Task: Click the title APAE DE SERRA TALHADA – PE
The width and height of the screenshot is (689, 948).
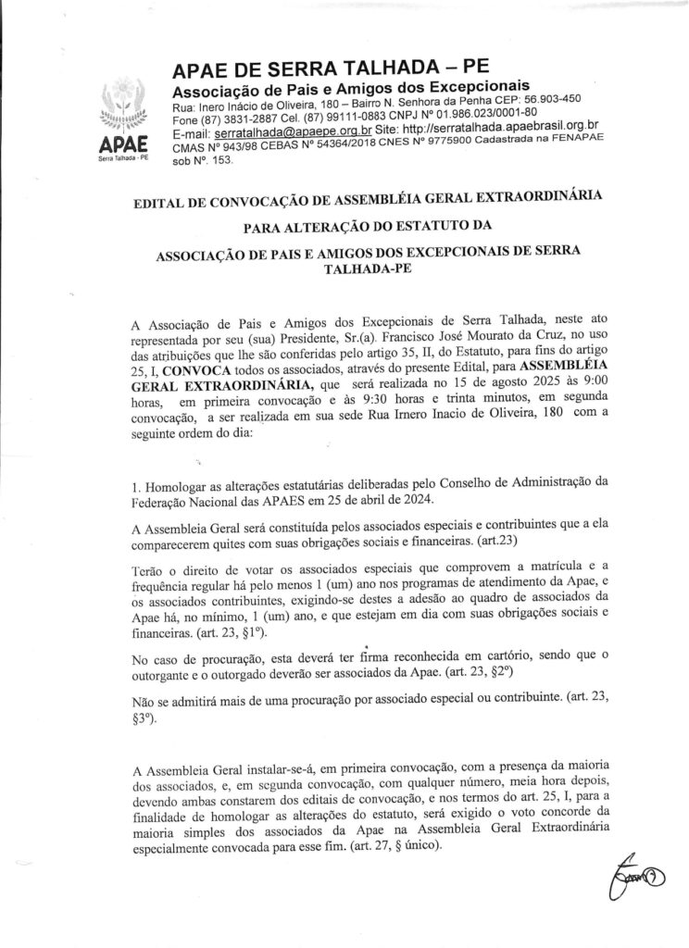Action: pos(318,69)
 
